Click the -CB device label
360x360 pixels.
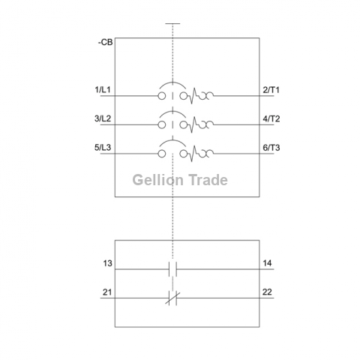point(105,42)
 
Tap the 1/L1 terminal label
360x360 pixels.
point(103,89)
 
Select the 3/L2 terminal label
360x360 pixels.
point(103,118)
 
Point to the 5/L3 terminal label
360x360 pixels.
point(103,148)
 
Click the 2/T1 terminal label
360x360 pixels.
point(271,90)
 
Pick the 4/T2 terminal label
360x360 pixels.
point(271,118)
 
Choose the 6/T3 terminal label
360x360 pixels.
point(271,148)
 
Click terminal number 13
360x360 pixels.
point(108,263)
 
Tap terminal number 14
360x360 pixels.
point(267,263)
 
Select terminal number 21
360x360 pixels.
point(107,292)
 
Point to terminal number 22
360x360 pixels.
point(267,292)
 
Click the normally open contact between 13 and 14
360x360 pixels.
point(172,269)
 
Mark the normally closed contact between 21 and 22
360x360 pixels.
point(172,298)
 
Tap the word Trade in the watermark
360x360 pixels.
point(208,180)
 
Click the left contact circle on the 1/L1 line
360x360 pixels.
point(162,96)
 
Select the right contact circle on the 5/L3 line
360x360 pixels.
point(184,154)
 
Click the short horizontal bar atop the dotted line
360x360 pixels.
point(172,24)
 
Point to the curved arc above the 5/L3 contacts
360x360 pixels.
point(172,140)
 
